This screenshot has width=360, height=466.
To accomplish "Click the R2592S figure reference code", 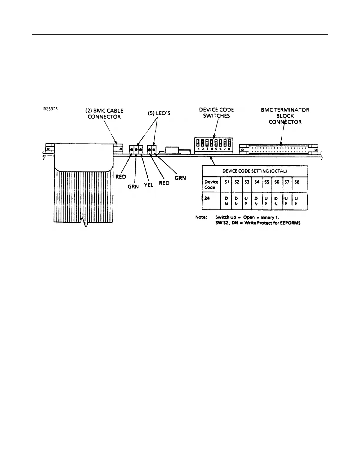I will click(50, 109).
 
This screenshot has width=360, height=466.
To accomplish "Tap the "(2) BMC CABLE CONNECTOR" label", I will click(104, 114).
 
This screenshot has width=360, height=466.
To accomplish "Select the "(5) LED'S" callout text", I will click(159, 114).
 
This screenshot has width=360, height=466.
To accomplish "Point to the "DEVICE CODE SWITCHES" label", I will click(216, 113).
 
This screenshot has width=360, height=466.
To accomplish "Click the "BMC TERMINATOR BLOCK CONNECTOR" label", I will click(285, 116).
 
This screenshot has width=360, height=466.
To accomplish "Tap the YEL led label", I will click(149, 185).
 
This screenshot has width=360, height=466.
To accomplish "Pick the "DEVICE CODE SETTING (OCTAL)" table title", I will click(255, 171).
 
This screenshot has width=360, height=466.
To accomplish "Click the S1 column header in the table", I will click(226, 182).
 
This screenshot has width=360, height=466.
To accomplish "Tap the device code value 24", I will click(207, 198).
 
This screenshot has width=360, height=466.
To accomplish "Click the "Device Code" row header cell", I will click(211, 184).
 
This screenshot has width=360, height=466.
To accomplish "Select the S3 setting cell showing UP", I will click(246, 201).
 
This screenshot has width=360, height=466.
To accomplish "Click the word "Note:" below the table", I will click(201, 217).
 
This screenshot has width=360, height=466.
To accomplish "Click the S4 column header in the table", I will click(256, 182).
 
